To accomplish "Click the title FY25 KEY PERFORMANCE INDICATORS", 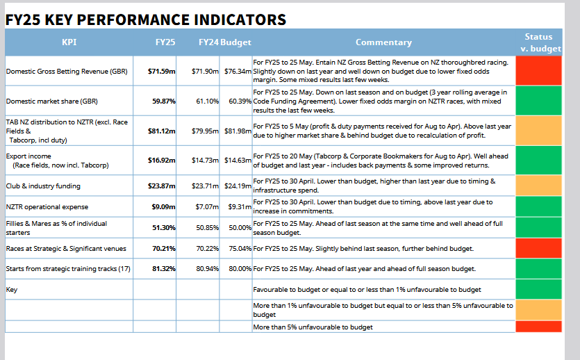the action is coord(146,19).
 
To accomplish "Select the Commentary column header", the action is coord(383,42).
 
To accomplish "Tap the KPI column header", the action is coord(69,42).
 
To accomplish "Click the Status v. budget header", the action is coord(540,42).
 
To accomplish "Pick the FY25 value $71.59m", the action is coord(162,71).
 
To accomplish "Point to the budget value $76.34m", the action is coord(238,71).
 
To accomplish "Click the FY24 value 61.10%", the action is coord(207,101).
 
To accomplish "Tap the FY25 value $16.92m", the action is coord(162,161).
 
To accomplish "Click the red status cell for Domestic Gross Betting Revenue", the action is coord(538,71).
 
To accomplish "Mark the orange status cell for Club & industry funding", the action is coord(538,186).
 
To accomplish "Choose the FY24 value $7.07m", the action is coord(207,206).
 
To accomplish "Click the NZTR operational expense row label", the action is coord(47,207).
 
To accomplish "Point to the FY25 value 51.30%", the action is coord(164,227).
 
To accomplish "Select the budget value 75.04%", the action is coord(240,248).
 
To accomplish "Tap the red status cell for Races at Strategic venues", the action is coord(538,248).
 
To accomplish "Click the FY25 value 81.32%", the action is coord(164,269).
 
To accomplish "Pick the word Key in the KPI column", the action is coord(12,290).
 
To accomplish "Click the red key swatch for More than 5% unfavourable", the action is coord(538,327).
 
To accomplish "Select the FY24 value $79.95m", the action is coord(206,131).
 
